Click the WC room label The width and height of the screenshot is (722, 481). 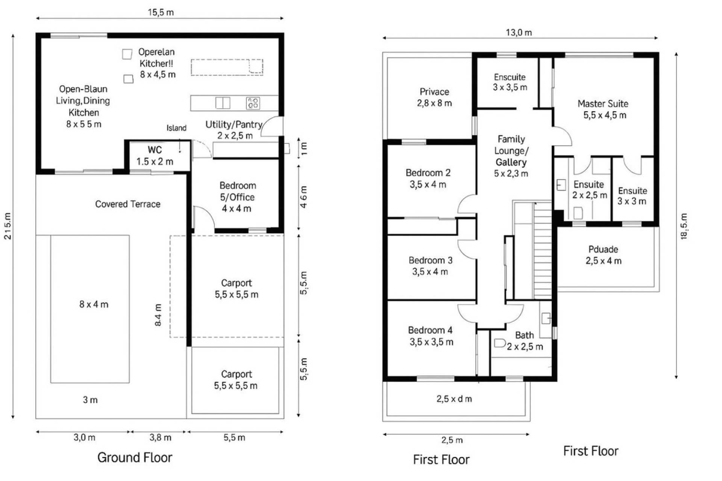tap(155, 150)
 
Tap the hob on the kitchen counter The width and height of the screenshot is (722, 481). tap(253, 103)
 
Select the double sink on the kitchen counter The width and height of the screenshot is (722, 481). tap(223, 103)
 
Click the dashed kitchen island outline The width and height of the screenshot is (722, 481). tap(227, 67)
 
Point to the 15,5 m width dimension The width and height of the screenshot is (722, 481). tap(161, 12)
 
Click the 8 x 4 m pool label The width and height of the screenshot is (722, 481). tap(94, 304)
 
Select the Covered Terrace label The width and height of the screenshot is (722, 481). tap(127, 204)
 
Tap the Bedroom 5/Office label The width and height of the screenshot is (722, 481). tap(237, 197)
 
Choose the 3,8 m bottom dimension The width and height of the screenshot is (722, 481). tap(160, 437)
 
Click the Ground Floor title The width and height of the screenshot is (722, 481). tap(135, 457)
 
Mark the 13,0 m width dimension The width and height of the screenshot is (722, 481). tap(519, 33)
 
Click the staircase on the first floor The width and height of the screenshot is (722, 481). tap(543, 252)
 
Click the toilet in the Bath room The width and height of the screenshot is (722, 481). tap(499, 343)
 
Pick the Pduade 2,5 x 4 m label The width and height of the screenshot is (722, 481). tap(603, 255)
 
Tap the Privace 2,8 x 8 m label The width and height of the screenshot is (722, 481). tap(434, 97)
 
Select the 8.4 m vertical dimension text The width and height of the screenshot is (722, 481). tap(158, 315)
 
